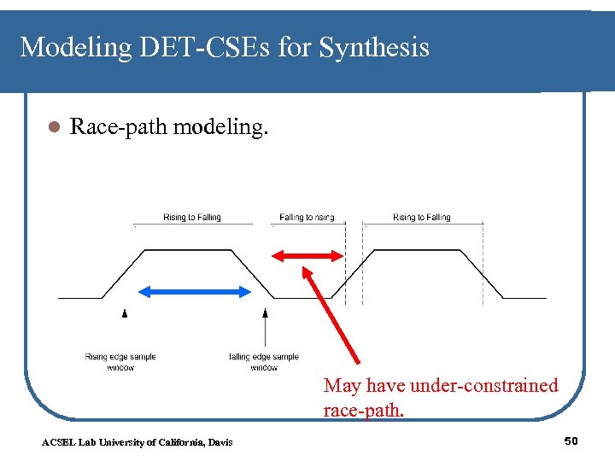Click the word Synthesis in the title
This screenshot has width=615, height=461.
[374, 48]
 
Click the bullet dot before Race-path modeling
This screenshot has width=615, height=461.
[51, 128]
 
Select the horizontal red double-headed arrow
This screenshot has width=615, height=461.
[306, 254]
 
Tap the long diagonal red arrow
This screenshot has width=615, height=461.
[333, 316]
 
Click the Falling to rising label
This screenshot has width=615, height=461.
[307, 218]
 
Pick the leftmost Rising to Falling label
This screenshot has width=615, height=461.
[192, 218]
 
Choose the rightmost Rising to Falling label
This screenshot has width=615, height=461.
[422, 218]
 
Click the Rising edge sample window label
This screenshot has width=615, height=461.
[120, 362]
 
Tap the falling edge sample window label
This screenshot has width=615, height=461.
[264, 362]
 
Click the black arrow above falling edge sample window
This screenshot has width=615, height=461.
[266, 324]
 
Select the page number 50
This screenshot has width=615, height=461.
[571, 441]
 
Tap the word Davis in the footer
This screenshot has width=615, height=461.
[218, 441]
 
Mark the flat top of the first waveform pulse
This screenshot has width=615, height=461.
[188, 250]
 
